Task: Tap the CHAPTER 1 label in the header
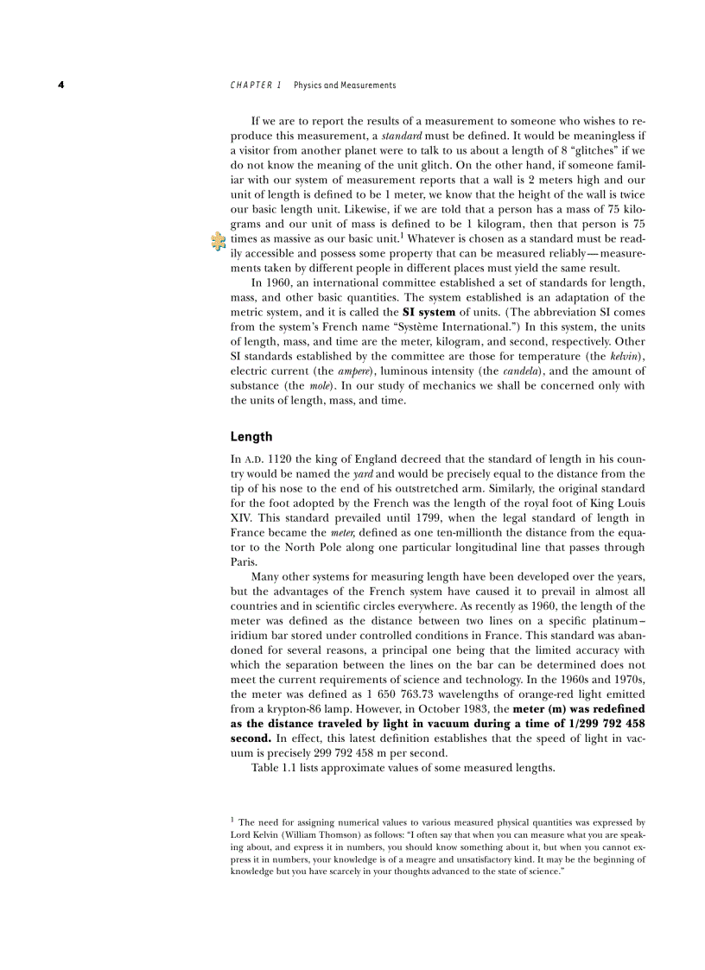click(x=256, y=86)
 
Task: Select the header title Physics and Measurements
click(x=345, y=86)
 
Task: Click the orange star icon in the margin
click(x=219, y=243)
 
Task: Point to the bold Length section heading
click(x=251, y=437)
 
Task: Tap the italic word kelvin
click(x=626, y=356)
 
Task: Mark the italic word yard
click(x=362, y=474)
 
